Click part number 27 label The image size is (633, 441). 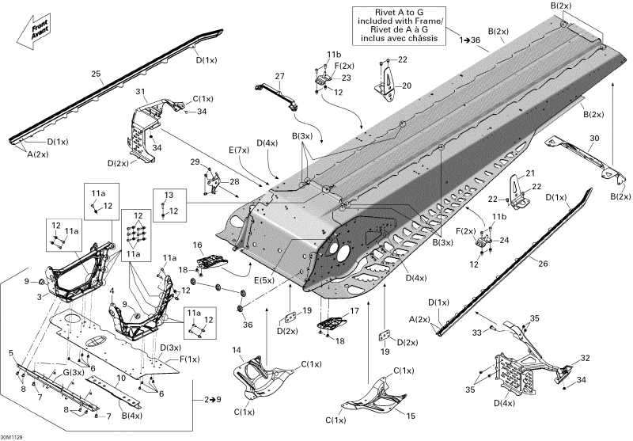[279, 76]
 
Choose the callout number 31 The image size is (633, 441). [141, 92]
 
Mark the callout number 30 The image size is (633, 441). [593, 139]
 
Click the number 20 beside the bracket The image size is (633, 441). [407, 86]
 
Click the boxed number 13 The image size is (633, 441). [168, 195]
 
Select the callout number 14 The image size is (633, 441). [237, 350]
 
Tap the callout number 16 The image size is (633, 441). [199, 245]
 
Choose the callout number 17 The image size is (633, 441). [354, 310]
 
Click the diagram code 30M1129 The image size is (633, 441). [13, 435]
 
